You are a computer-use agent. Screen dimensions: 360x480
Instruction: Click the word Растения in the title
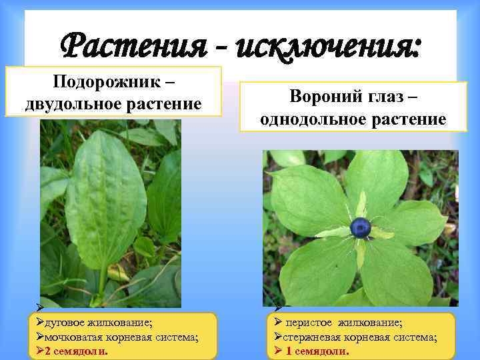[x=127, y=47]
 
